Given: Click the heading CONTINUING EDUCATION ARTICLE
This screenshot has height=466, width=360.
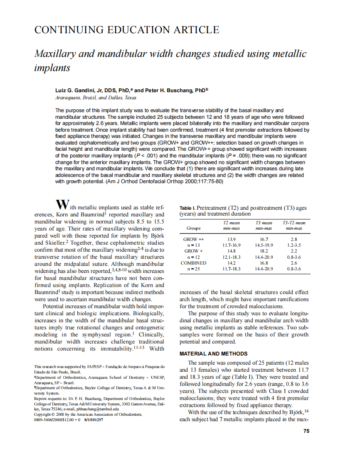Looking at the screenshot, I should click(x=126, y=30).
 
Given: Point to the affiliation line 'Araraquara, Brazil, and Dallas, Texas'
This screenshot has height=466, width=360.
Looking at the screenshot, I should click(x=96, y=98).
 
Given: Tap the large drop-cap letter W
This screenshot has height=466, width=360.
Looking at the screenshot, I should click(x=62, y=205).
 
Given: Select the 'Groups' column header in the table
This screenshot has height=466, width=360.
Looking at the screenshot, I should click(x=194, y=228).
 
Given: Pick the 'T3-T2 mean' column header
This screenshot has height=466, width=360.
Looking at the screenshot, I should click(x=294, y=223).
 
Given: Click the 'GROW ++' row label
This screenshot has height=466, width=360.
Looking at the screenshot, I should click(x=194, y=240).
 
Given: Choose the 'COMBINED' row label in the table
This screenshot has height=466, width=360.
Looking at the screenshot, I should click(x=194, y=263).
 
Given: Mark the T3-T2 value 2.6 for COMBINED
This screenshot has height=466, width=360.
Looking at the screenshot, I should click(x=294, y=263).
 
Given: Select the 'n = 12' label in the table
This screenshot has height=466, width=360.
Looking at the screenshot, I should click(x=194, y=257).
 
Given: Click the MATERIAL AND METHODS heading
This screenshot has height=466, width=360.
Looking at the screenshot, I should click(x=213, y=354).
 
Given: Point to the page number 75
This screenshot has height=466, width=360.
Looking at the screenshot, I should click(x=306, y=431).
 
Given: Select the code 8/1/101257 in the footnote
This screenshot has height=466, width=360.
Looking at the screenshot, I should click(x=94, y=419).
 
